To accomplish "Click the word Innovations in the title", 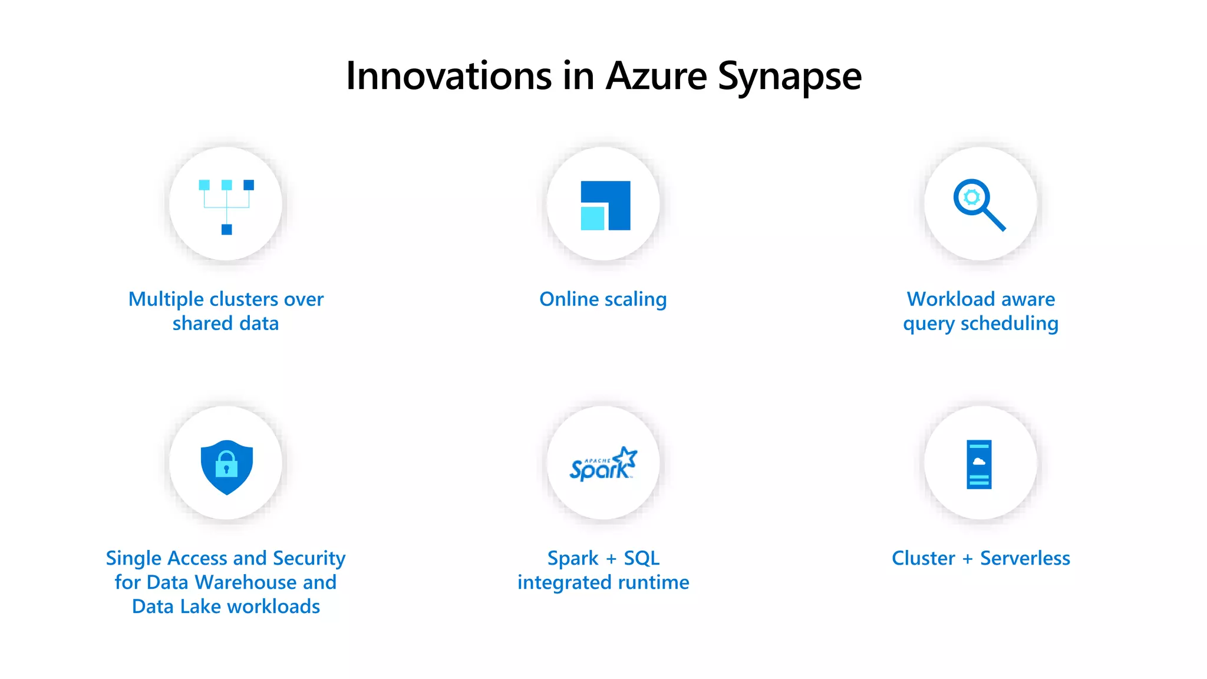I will click(448, 76).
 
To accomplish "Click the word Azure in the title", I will click(657, 76).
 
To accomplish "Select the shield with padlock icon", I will click(227, 466).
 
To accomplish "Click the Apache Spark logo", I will click(603, 464).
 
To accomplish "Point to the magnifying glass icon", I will click(979, 204).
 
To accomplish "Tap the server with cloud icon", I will click(979, 464).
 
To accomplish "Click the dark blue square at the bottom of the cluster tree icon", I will click(226, 229).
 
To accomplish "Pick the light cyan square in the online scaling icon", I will click(592, 218).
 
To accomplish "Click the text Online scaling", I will click(603, 299).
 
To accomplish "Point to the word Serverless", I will click(1025, 558).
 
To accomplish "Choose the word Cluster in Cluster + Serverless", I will click(923, 558).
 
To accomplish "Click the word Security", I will click(309, 558).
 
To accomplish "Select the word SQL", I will click(641, 558).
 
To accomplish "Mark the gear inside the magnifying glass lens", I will click(972, 197).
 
